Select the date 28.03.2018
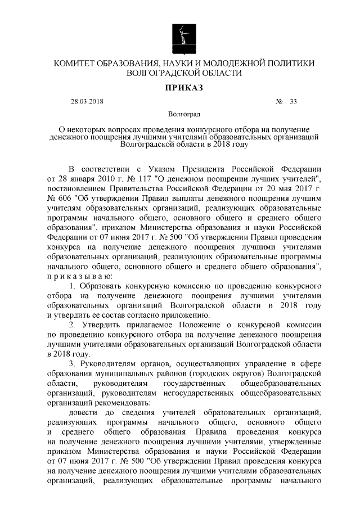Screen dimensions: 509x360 tap(87, 102)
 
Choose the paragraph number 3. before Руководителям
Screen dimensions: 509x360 tap(73, 363)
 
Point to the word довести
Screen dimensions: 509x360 tap(83, 412)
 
